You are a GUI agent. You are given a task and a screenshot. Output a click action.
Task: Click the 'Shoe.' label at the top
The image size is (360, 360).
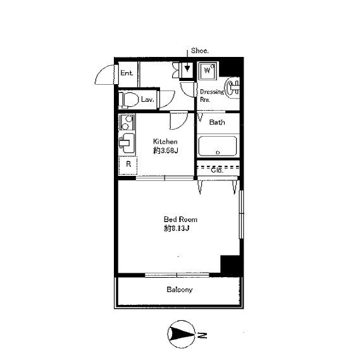click(x=200, y=51)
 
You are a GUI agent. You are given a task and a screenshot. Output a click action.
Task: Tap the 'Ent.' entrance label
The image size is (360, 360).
click(x=127, y=73)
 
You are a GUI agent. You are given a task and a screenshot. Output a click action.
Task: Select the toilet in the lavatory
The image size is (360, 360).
click(x=128, y=100)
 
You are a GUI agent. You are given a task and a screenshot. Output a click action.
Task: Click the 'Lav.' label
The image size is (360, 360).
click(x=147, y=99)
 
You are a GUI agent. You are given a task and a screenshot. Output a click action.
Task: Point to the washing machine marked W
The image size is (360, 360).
click(x=208, y=70)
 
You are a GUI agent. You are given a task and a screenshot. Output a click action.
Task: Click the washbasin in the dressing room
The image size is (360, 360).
click(x=232, y=89)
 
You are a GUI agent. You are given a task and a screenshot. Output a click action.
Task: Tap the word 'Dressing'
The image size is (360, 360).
click(x=212, y=92)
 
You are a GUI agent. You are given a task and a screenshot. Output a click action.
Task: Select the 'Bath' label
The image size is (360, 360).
click(x=217, y=122)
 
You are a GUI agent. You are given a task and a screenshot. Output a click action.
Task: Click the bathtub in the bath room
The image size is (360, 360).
click(x=218, y=146)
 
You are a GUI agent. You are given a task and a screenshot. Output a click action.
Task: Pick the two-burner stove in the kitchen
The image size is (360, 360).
click(x=127, y=123)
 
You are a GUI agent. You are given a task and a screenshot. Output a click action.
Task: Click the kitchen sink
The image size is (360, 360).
click(x=127, y=143)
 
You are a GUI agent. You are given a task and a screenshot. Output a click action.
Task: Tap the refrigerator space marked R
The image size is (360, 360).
click(x=128, y=165)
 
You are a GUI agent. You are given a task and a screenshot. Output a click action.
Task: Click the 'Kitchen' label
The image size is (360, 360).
click(x=165, y=142)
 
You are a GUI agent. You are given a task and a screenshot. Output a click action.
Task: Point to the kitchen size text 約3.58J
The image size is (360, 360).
click(x=166, y=151)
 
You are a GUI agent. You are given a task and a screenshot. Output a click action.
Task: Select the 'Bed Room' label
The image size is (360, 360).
click(x=180, y=220)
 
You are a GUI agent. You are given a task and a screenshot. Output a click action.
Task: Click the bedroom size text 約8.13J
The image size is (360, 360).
click(x=177, y=228)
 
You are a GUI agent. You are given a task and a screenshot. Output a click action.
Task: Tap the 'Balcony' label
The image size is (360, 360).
click(x=180, y=290)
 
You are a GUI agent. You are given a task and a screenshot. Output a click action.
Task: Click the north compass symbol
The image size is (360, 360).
click(x=181, y=334)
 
